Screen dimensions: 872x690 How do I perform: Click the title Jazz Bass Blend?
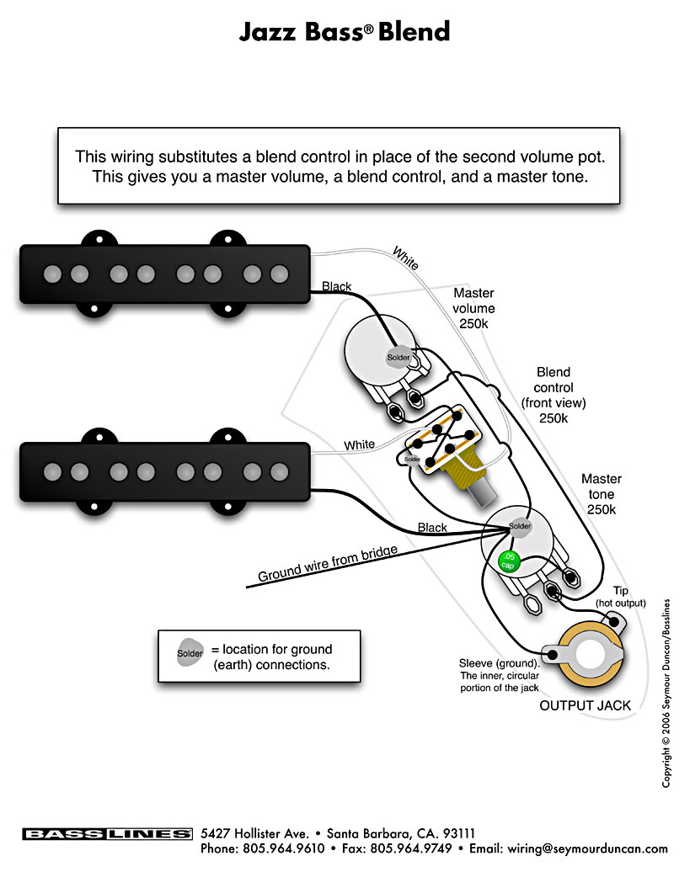point(345,32)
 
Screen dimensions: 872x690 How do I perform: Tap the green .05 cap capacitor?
point(508,560)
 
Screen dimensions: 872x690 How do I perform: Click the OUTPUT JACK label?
point(585,705)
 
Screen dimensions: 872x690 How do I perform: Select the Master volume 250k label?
point(473,308)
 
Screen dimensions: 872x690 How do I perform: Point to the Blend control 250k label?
point(553,395)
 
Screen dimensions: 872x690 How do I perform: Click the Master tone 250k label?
point(602,494)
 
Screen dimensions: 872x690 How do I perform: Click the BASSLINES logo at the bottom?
point(108,834)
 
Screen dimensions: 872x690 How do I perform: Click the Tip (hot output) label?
point(620,597)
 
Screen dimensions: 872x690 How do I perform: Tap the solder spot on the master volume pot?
point(398,358)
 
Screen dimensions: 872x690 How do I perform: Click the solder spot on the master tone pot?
point(520,527)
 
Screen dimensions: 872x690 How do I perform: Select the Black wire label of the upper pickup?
point(337,286)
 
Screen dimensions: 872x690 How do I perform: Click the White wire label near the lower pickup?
point(360,444)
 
